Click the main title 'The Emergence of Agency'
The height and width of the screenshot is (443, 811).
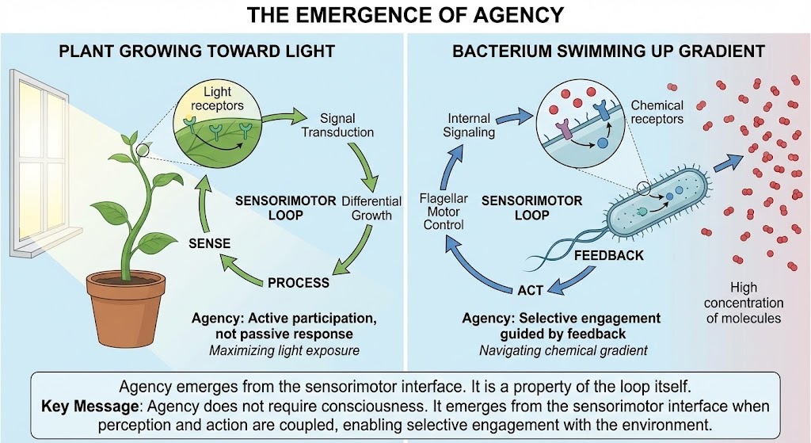(x=405, y=14)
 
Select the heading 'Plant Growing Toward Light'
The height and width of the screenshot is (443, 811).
(x=197, y=52)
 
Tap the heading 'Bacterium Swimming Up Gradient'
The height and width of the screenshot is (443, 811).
(x=608, y=52)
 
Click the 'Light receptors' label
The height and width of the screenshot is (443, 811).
(x=217, y=99)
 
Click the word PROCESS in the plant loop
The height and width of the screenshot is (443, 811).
(x=298, y=281)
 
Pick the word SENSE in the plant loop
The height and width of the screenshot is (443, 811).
(x=209, y=243)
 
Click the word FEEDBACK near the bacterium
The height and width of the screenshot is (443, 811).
(x=607, y=256)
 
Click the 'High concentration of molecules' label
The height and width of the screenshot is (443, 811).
(x=743, y=303)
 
